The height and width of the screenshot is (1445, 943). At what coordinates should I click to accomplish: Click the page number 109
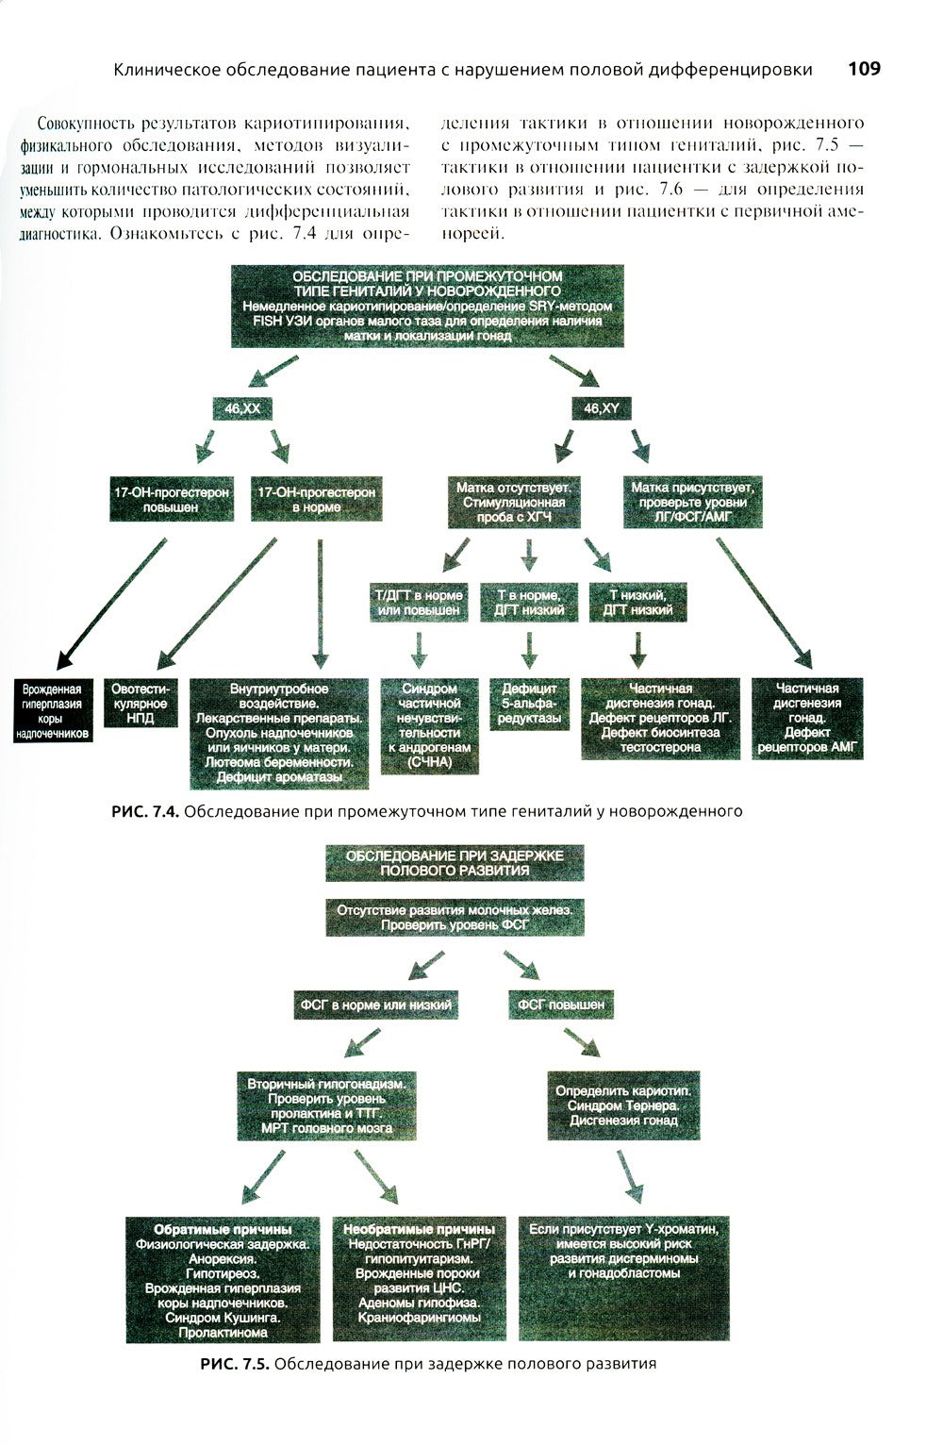[864, 69]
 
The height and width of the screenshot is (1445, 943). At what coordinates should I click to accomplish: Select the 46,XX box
[240, 409]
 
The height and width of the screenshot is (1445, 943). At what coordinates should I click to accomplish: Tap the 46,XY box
[602, 409]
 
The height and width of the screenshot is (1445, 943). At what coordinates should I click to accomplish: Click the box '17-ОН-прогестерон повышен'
[171, 500]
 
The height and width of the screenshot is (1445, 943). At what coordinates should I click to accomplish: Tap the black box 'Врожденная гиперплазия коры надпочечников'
[53, 711]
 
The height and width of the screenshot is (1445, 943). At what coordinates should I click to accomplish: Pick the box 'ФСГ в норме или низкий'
[375, 1005]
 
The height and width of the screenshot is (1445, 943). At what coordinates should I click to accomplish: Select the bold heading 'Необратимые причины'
[419, 1229]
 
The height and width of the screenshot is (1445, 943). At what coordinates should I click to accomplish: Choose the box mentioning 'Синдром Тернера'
[623, 1105]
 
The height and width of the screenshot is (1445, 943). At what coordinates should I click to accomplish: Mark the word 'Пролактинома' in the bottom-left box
[223, 1333]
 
